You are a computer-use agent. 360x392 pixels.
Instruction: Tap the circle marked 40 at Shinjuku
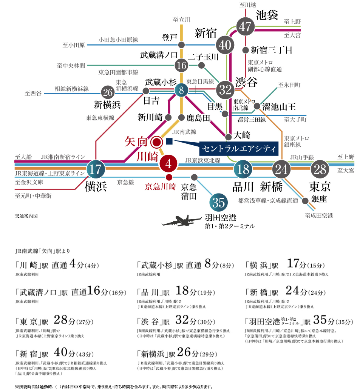pyautogui.click(x=225, y=45)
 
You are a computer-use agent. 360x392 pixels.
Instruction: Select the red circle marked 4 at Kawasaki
pyautogui.click(x=168, y=164)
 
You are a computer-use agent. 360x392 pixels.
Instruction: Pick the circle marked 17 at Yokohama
pyautogui.click(x=96, y=169)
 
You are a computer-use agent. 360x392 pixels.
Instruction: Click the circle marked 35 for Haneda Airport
pyautogui.click(x=219, y=202)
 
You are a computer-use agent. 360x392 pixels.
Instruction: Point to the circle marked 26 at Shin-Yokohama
pyautogui.click(x=108, y=92)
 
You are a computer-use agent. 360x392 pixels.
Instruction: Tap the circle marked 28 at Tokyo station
pyautogui.click(x=320, y=169)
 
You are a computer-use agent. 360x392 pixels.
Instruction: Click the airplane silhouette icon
pyautogui.click(x=181, y=220)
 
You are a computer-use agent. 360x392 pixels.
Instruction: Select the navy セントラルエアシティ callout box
pyautogui.click(x=239, y=149)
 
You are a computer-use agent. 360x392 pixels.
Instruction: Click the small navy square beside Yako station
pyautogui.click(x=169, y=141)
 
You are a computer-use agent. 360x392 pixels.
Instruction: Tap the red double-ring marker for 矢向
pyautogui.click(x=157, y=142)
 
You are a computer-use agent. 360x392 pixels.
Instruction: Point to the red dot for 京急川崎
pyautogui.click(x=169, y=177)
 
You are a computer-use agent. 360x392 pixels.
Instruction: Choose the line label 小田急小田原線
pyautogui.click(x=118, y=40)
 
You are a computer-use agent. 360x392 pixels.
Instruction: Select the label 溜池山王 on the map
pyautogui.click(x=279, y=107)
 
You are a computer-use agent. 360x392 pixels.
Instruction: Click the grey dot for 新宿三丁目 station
pyautogui.click(x=246, y=50)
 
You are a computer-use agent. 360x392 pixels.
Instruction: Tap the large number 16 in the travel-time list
pyautogui.click(x=94, y=291)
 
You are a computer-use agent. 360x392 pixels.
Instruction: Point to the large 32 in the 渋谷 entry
pyautogui.click(x=182, y=320)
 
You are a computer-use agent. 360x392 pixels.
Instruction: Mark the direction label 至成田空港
pyautogui.click(x=319, y=215)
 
